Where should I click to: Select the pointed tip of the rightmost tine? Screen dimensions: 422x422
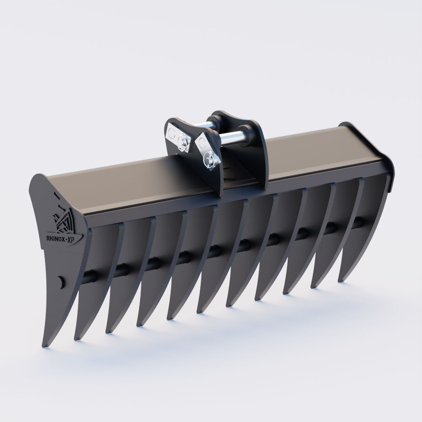[340, 280]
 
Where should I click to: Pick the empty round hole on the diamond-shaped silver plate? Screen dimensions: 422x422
[202, 142]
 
